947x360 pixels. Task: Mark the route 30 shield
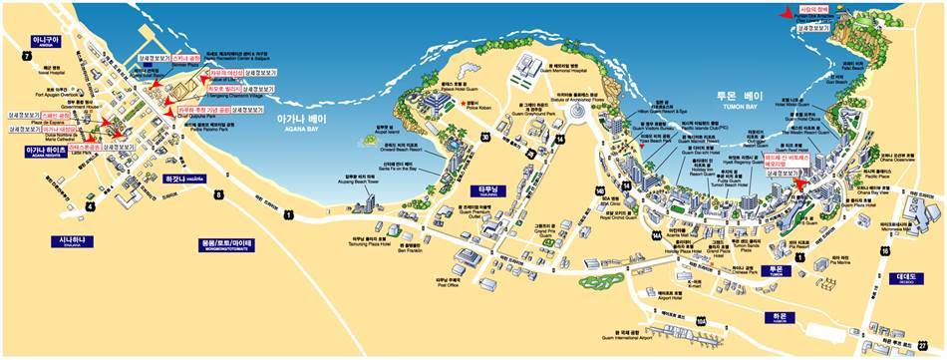click(x=485, y=137)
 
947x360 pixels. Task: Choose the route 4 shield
click(x=90, y=206)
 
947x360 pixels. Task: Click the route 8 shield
click(x=218, y=194)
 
